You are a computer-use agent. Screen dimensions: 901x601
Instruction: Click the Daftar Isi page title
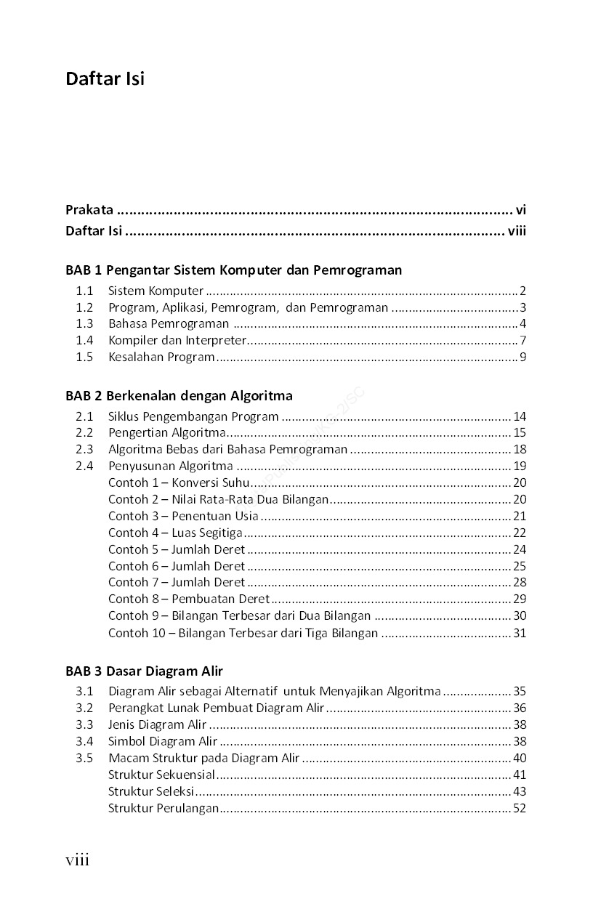105,78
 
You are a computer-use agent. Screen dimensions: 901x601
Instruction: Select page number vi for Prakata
520,210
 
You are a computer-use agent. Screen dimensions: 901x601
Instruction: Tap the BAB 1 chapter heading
233,270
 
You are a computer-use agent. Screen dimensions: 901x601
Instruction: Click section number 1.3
84,323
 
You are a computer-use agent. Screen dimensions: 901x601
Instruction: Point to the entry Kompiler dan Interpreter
177,340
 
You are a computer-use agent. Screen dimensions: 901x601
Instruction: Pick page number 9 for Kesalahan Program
522,357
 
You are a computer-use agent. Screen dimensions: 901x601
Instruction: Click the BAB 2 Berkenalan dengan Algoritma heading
179,396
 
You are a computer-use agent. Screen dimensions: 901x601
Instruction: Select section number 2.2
84,433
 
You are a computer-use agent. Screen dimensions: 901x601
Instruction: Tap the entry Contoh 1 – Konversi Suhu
179,482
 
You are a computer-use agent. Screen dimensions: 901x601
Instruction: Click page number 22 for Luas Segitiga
519,533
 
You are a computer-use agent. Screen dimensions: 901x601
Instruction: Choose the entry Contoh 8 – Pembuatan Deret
189,599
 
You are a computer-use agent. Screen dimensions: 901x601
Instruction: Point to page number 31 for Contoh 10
519,633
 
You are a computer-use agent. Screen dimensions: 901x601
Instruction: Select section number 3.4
84,741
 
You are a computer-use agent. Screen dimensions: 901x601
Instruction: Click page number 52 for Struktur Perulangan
519,808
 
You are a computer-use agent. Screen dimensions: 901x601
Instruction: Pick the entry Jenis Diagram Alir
158,724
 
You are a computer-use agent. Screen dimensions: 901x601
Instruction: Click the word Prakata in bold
89,210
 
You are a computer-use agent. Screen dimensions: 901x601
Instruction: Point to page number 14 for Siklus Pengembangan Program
519,416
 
